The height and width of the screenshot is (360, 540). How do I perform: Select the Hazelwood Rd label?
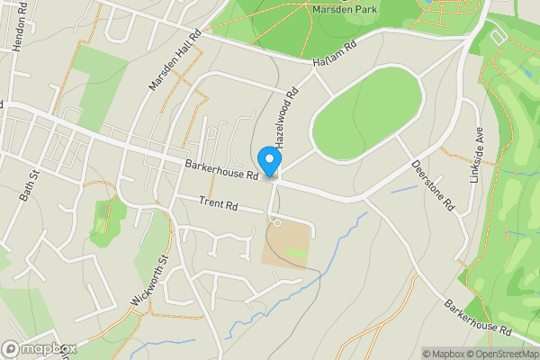[286, 118]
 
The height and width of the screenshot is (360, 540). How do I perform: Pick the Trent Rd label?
[219, 205]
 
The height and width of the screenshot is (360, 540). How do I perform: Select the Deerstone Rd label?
[434, 185]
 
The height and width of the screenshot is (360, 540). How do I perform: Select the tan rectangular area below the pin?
[287, 241]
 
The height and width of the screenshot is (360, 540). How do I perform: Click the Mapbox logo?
[40, 348]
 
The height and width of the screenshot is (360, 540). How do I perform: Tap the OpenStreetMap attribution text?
[499, 354]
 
